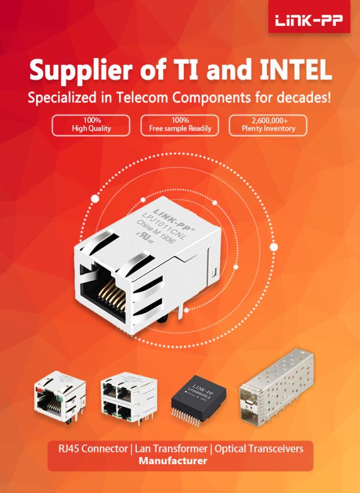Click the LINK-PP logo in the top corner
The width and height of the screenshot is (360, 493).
pos(308,20)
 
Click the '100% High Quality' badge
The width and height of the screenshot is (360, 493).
pos(91,124)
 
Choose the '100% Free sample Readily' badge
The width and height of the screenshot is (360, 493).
pos(180,124)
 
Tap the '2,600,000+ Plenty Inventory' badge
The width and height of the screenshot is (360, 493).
pos(269,124)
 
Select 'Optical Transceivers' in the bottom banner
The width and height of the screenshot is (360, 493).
pos(259,448)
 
